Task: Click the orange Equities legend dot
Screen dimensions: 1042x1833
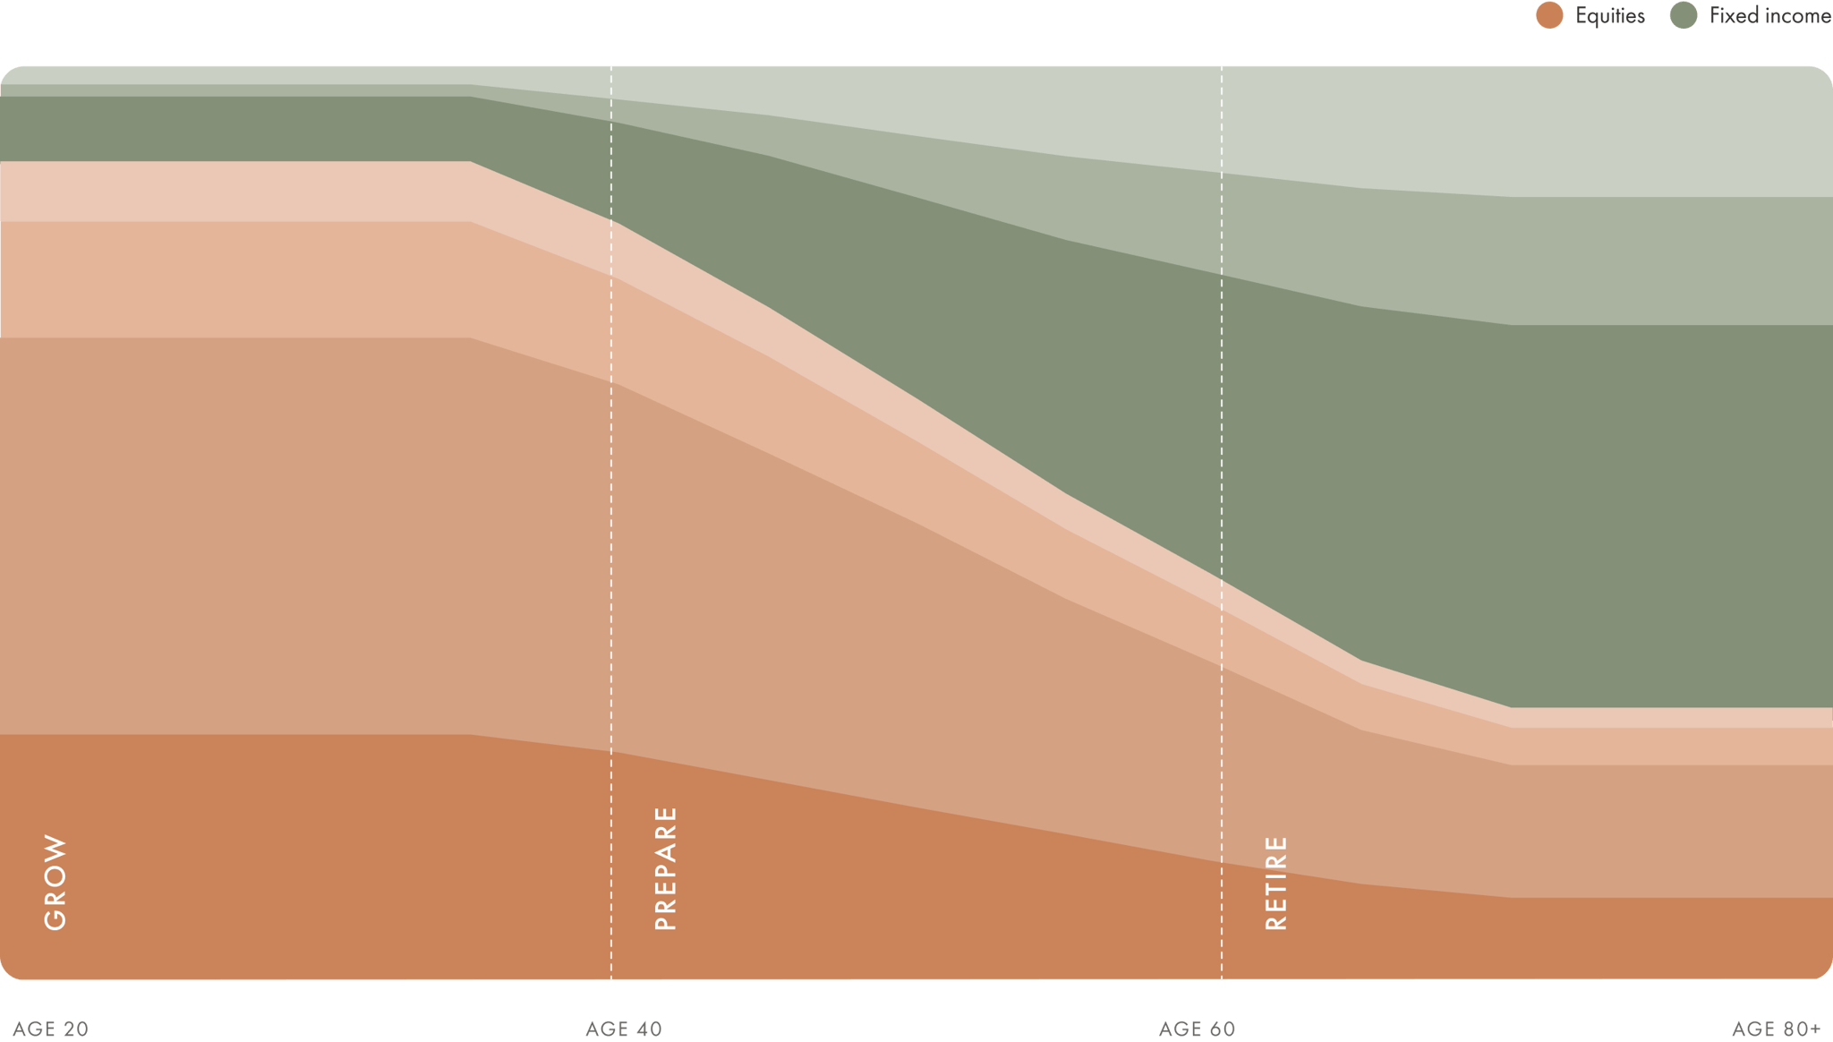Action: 1549,16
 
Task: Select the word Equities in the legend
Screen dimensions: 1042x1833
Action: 1609,16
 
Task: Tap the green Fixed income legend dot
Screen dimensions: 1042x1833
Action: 1684,16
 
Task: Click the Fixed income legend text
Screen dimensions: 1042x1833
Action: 1769,16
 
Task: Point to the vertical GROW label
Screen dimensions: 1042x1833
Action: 55,883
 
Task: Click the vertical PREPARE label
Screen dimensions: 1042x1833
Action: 666,868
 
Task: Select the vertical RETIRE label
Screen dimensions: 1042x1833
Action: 1276,883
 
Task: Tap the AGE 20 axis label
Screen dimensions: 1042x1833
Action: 52,1029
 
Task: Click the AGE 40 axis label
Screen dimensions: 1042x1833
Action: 624,1029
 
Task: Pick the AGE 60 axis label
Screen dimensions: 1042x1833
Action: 1197,1029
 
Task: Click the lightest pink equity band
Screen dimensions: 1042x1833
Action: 233,192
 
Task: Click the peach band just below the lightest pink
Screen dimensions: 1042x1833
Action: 233,279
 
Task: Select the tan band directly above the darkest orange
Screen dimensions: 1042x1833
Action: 269,537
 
